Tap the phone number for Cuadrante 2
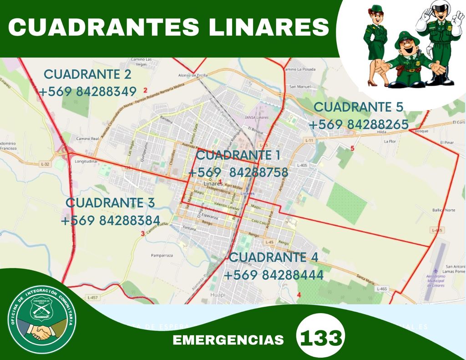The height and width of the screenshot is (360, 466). tap(88, 92)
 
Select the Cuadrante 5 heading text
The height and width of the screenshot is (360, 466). tap(359, 107)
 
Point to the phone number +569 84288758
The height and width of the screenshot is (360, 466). tap(238, 173)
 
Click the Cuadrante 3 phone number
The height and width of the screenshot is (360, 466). tap(110, 221)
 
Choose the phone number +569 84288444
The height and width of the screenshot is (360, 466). tap(274, 275)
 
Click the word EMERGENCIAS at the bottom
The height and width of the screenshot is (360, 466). tap(228, 340)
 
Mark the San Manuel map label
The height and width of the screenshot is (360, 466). tap(300, 86)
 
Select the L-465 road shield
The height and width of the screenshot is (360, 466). tap(381, 289)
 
